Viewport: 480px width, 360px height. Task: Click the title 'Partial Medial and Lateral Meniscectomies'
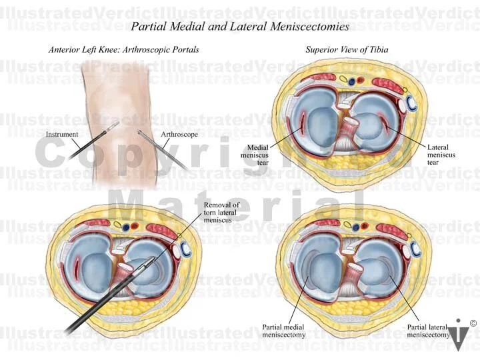239,27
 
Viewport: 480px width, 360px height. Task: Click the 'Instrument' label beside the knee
62,134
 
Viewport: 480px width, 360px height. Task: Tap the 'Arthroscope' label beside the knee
178,134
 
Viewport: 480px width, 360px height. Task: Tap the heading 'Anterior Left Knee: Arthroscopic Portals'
124,50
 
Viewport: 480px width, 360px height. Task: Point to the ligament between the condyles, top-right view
347,130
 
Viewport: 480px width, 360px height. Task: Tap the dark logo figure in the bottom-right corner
457,335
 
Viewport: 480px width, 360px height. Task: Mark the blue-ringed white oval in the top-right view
412,103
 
